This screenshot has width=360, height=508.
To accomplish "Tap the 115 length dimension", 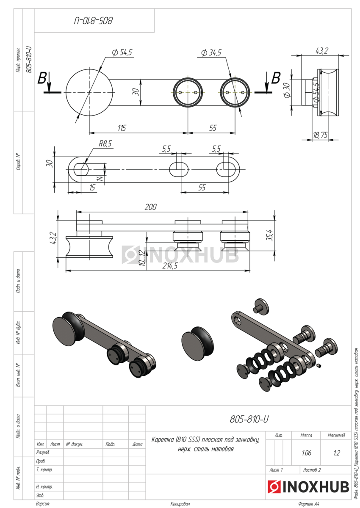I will click(x=122, y=128).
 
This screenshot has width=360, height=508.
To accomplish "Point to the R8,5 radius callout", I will click(x=105, y=144).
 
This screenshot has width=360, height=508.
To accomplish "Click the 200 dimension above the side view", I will click(x=150, y=207).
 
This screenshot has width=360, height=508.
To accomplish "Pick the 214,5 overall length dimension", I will click(x=169, y=266).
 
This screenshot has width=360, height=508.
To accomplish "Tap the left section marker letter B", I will click(x=42, y=78).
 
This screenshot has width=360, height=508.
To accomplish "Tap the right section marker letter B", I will click(x=276, y=78).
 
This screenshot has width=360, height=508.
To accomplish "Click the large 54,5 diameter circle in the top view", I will click(x=89, y=92).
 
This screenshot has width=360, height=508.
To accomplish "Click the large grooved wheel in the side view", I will click(x=89, y=248).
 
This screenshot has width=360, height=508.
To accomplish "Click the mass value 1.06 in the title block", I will click(x=307, y=453).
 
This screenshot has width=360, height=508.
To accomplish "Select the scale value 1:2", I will click(x=336, y=453).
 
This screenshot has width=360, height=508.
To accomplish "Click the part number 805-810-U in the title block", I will click(x=249, y=419).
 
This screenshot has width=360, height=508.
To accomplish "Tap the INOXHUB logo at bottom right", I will click(x=308, y=487).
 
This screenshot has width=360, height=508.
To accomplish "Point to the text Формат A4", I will click(x=308, y=504).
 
